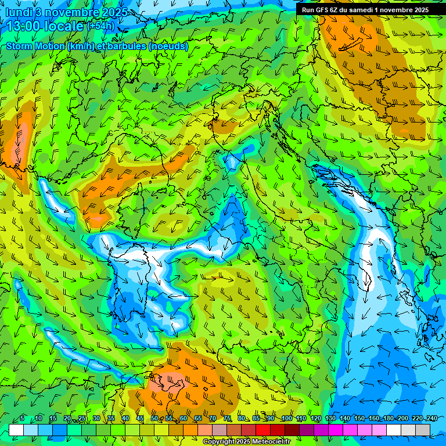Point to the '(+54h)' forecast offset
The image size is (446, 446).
(100, 26)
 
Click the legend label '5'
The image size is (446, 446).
(22, 418)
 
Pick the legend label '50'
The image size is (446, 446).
(154, 418)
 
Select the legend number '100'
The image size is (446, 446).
(286, 418)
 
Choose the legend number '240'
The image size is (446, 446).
(432, 418)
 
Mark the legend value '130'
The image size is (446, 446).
(330, 418)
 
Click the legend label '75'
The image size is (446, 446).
(227, 418)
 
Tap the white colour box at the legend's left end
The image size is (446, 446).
(16, 430)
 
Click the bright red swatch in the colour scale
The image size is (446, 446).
(263, 430)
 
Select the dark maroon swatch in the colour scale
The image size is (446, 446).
(292, 430)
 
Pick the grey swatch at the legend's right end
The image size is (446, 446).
(423, 430)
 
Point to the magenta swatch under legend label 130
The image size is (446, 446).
(336, 430)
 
